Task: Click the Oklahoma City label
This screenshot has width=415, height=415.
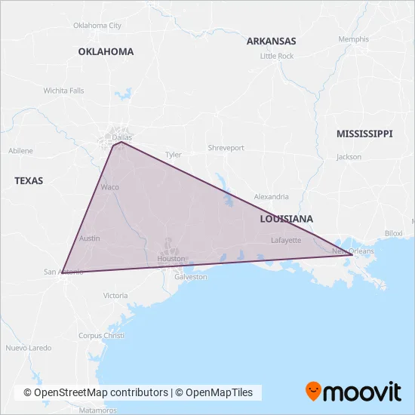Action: tap(97, 25)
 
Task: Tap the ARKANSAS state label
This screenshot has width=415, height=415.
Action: tap(271, 41)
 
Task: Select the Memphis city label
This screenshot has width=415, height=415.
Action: tap(354, 39)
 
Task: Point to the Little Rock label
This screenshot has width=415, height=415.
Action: tap(276, 56)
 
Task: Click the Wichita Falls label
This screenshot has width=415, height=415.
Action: tap(63, 90)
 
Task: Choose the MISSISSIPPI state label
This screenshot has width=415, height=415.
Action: tap(364, 134)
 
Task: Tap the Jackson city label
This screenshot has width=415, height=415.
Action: tap(349, 157)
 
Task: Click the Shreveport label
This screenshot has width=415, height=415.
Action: tap(226, 148)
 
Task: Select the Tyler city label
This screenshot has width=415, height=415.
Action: tap(174, 155)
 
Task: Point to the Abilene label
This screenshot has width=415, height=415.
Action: tap(20, 151)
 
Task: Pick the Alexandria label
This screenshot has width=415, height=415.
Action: tap(271, 196)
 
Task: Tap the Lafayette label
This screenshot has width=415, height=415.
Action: tap(286, 240)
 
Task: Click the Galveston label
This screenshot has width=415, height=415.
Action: tap(191, 277)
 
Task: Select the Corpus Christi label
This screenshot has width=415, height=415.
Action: tap(100, 335)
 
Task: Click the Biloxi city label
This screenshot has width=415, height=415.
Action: tap(394, 233)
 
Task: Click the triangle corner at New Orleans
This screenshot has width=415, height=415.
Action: tap(352, 255)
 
